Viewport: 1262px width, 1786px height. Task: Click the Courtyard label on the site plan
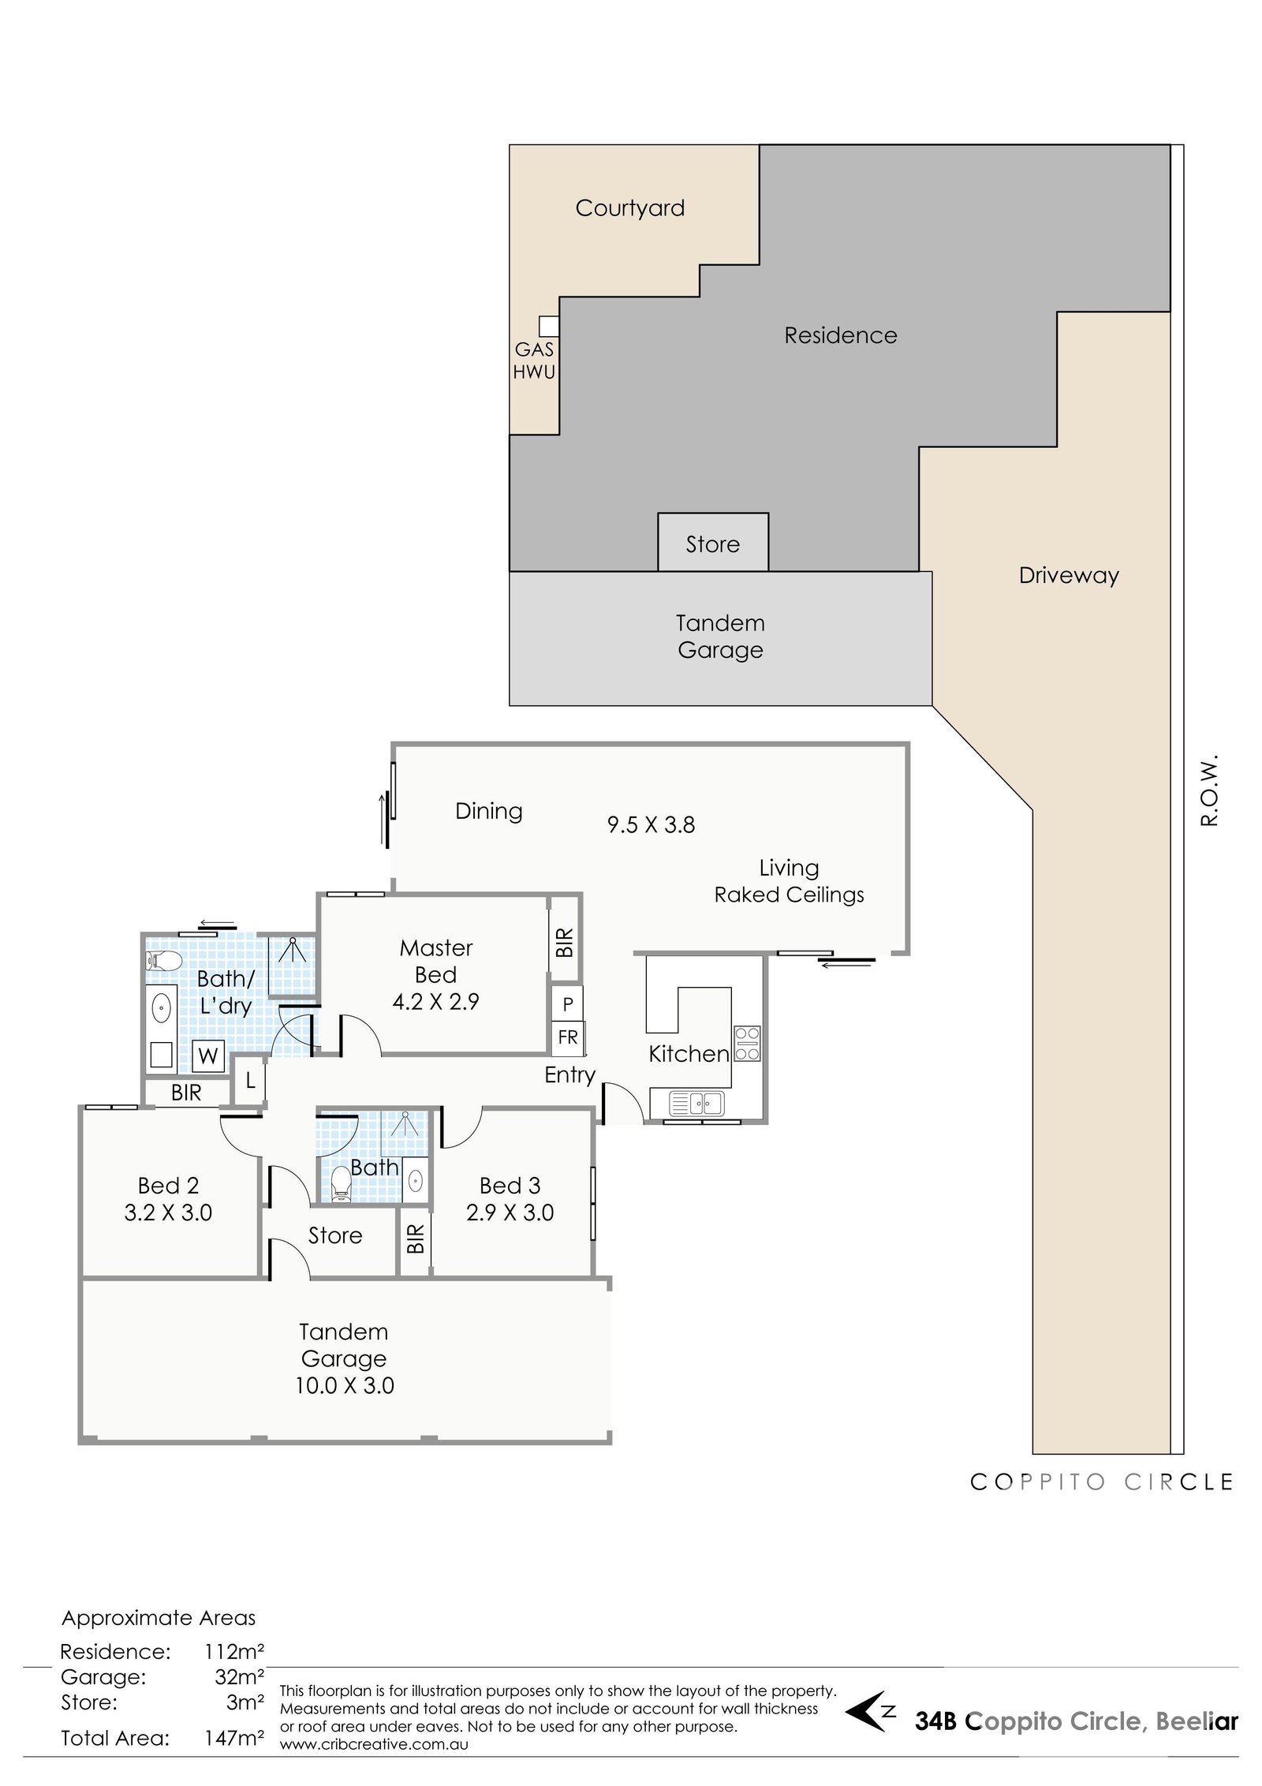629,208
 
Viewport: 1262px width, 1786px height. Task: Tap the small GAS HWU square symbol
549,326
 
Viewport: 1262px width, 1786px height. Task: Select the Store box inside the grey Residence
713,542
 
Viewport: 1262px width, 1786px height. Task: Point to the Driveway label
1069,576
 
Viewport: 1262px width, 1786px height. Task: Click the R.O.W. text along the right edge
1209,790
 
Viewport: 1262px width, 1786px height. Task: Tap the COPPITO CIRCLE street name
1101,1482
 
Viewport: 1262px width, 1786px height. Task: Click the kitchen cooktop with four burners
747,1044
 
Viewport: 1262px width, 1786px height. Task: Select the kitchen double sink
696,1103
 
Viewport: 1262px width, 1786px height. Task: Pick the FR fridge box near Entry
567,1037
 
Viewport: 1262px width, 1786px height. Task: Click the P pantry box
567,1004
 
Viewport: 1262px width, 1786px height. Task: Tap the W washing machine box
208,1056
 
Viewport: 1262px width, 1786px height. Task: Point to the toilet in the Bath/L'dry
164,961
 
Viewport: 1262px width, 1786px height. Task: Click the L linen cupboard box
250,1080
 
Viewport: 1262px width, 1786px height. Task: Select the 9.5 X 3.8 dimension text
651,825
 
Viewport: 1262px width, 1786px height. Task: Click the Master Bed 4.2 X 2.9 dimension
435,1002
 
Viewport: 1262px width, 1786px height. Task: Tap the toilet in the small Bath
341,1184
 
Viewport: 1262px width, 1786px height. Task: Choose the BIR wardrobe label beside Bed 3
416,1239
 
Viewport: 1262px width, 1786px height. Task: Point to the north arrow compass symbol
869,1711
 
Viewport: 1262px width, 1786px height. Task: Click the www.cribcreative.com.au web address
374,1744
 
